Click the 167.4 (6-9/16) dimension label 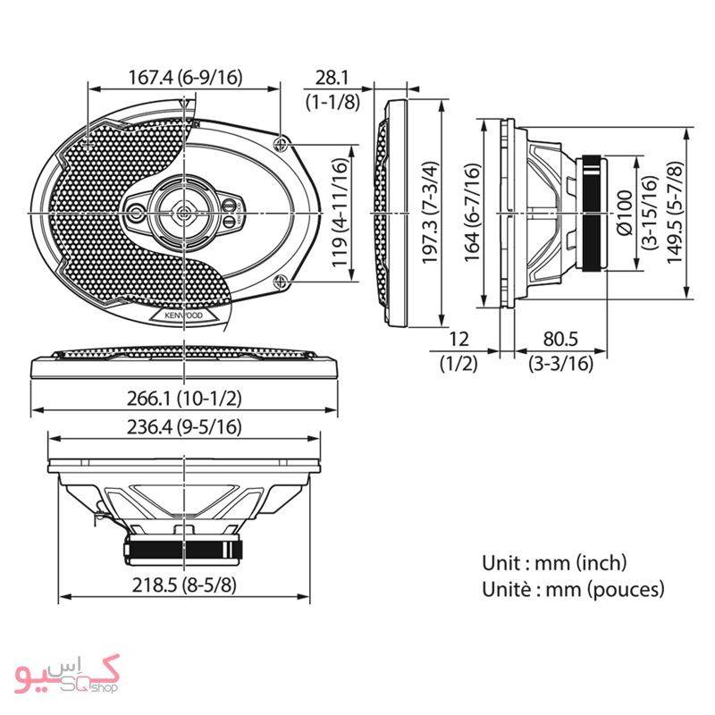click(x=184, y=78)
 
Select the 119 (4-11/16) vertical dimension click(x=340, y=214)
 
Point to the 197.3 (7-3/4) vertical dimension click(x=431, y=214)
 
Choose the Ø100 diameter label click(x=625, y=214)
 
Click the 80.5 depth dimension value click(x=560, y=340)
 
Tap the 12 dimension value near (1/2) click(x=458, y=340)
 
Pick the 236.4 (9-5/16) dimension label click(x=184, y=428)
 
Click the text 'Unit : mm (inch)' click(x=554, y=563)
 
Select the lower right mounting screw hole click(x=282, y=284)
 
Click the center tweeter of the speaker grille click(x=183, y=213)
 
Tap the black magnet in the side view click(x=593, y=214)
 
